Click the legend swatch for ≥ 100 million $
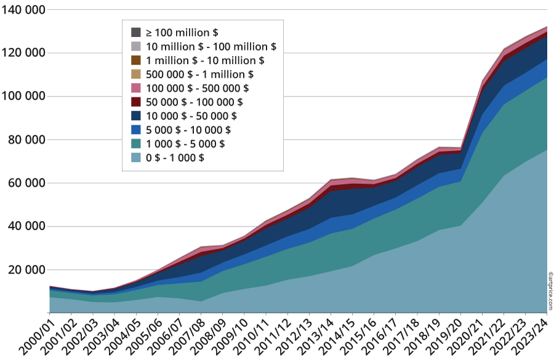136,32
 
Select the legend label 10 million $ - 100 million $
211,46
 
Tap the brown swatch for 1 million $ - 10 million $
136,60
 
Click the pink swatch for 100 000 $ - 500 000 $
136,88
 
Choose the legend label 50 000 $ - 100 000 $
194,102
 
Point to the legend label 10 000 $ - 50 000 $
191,116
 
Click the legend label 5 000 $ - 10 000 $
188,130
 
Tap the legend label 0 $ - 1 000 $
175,158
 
